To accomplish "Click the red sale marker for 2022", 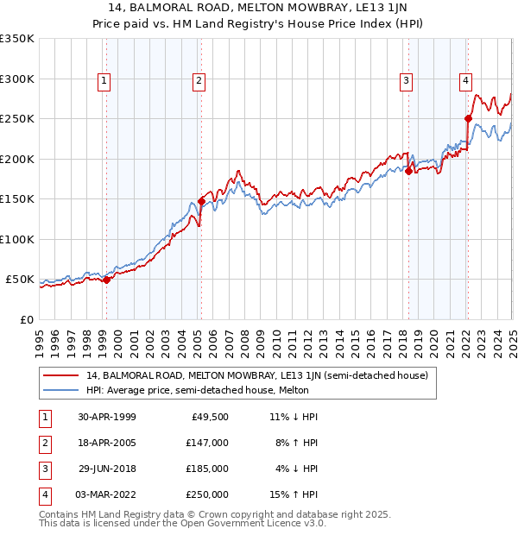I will click(x=468, y=118).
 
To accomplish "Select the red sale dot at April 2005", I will click(x=201, y=201).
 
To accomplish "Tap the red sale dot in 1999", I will click(x=106, y=280).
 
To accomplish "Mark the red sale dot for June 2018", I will click(x=409, y=171).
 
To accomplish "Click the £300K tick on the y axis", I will click(x=17, y=79).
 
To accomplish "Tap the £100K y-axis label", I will click(x=17, y=239).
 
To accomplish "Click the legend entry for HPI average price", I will click(x=191, y=390).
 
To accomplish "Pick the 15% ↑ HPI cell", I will click(x=294, y=494).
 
